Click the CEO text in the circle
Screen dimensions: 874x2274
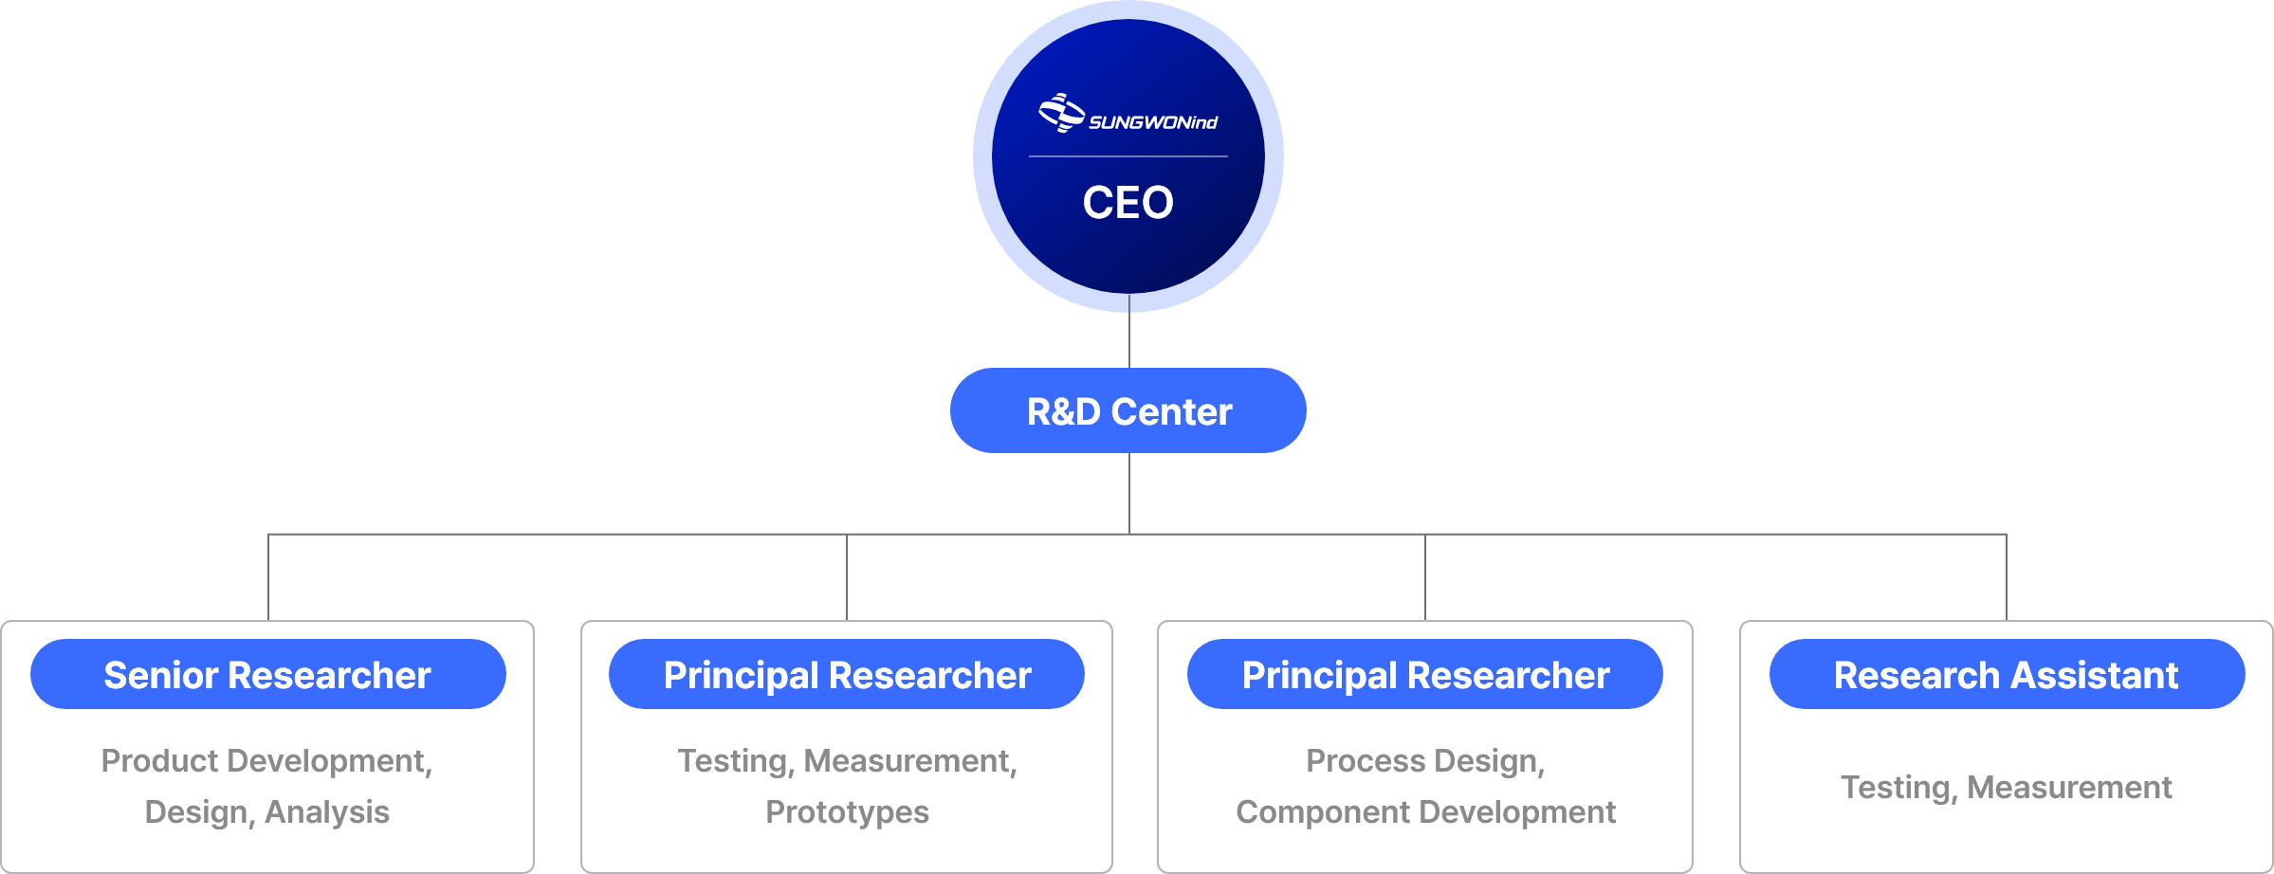[1128, 202]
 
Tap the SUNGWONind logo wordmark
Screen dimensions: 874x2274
[1153, 122]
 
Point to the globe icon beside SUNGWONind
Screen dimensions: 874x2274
[1061, 113]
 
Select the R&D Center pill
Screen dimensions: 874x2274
[1128, 411]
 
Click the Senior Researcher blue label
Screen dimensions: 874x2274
[267, 675]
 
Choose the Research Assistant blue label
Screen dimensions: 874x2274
[2006, 675]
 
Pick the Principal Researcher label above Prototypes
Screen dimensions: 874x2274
[847, 675]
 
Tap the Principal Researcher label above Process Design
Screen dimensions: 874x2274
[1425, 675]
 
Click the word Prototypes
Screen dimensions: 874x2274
[847, 812]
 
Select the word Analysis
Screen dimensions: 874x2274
[327, 812]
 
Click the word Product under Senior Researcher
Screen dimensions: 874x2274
[159, 761]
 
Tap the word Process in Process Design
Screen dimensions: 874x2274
[1366, 761]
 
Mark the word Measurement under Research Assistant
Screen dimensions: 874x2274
[2069, 788]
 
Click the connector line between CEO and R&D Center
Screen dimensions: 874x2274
[1128, 339]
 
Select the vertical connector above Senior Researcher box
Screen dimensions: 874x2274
[268, 577]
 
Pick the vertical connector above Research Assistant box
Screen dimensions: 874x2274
[2007, 577]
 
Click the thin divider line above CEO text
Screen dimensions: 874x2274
[1128, 156]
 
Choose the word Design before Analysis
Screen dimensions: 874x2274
[198, 812]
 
